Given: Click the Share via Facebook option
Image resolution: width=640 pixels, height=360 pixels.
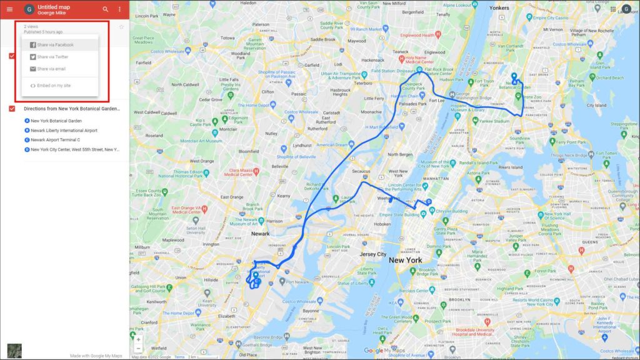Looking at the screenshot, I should click(55, 45).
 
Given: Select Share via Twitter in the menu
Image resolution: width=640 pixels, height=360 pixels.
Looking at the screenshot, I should click(52, 57).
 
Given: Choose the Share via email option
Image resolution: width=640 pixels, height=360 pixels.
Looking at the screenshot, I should click(51, 69).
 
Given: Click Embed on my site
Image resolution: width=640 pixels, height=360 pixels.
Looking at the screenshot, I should click(54, 85).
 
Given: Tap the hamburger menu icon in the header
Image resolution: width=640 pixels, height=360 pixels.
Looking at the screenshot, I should click(9, 9).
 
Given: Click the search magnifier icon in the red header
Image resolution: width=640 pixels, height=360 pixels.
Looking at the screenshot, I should click(105, 9).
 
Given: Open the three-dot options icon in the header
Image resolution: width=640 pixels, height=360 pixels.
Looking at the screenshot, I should click(119, 9).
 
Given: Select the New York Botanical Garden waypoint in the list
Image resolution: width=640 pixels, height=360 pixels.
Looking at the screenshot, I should click(56, 121).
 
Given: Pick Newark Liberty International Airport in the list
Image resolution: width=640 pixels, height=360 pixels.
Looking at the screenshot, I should click(64, 131).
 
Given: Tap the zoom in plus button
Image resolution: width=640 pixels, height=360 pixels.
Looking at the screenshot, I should click(138, 339).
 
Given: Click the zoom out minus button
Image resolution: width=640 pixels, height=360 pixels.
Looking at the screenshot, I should click(138, 348).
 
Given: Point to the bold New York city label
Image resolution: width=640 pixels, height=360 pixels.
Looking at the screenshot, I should click(405, 260).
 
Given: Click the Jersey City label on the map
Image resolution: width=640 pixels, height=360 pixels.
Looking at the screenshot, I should click(372, 254).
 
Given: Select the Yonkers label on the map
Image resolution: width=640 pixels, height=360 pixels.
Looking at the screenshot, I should click(499, 8).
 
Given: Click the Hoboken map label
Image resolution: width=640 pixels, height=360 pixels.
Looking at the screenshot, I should click(382, 224).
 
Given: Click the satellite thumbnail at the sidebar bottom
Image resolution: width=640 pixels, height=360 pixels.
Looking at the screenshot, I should click(14, 351).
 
